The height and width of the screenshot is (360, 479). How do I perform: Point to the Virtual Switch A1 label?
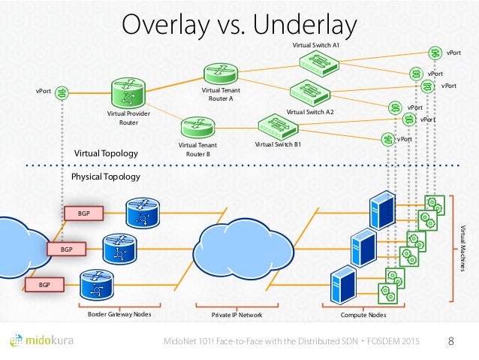click(315, 47)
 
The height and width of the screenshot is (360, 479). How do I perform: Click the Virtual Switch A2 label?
click(310, 111)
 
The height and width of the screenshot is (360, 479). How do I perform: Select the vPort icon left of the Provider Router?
click(64, 92)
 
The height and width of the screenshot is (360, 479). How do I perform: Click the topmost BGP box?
click(83, 213)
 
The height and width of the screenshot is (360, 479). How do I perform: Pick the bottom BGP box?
click(44, 285)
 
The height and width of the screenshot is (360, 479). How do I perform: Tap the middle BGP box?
click(66, 248)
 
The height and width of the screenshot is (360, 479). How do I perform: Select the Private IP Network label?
click(236, 315)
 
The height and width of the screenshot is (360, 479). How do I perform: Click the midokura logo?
click(50, 342)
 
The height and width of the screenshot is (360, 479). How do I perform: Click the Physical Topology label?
click(105, 177)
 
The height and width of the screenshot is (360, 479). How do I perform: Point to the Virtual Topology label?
click(106, 153)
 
